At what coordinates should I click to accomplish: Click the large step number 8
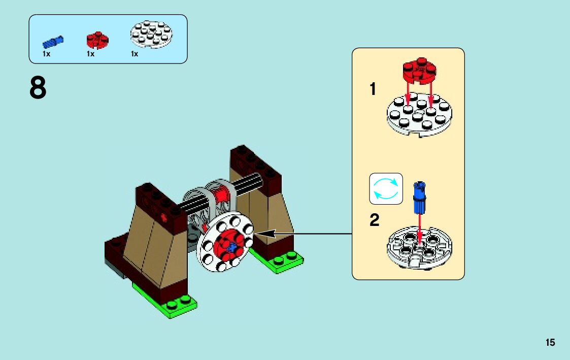point(38,88)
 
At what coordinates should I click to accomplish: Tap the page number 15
point(550,342)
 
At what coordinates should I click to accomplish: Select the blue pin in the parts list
point(52,41)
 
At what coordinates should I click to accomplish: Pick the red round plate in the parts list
point(97,40)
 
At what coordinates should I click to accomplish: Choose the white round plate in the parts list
point(151,34)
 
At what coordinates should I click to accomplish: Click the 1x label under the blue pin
point(46,54)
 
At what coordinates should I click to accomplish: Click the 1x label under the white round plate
point(135,54)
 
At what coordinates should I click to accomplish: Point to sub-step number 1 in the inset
point(373,90)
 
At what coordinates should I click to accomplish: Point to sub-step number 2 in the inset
point(374,220)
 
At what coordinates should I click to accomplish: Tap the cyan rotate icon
point(386,189)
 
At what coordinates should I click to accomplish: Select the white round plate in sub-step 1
point(419,114)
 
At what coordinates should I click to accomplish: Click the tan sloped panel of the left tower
point(155,244)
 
